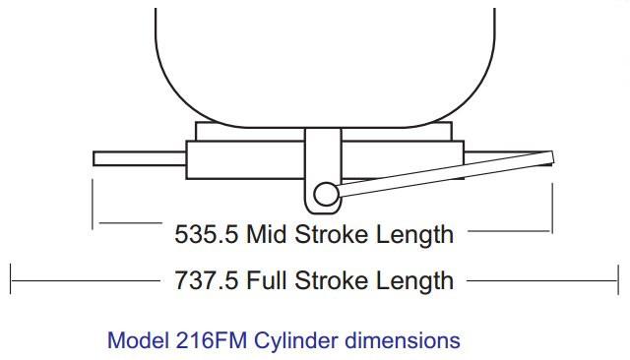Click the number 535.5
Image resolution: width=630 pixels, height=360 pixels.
[206, 234]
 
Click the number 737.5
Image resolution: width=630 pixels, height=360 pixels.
[206, 280]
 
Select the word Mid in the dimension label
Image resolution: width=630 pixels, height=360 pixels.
[266, 234]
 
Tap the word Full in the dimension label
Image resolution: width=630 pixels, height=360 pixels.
[266, 280]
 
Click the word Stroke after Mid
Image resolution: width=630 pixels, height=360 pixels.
[331, 234]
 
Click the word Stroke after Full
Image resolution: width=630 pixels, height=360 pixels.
[331, 280]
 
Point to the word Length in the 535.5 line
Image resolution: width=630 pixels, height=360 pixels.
[415, 236]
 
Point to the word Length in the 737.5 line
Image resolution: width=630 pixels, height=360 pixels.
[415, 281]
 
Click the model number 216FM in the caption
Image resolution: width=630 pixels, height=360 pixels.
[212, 340]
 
